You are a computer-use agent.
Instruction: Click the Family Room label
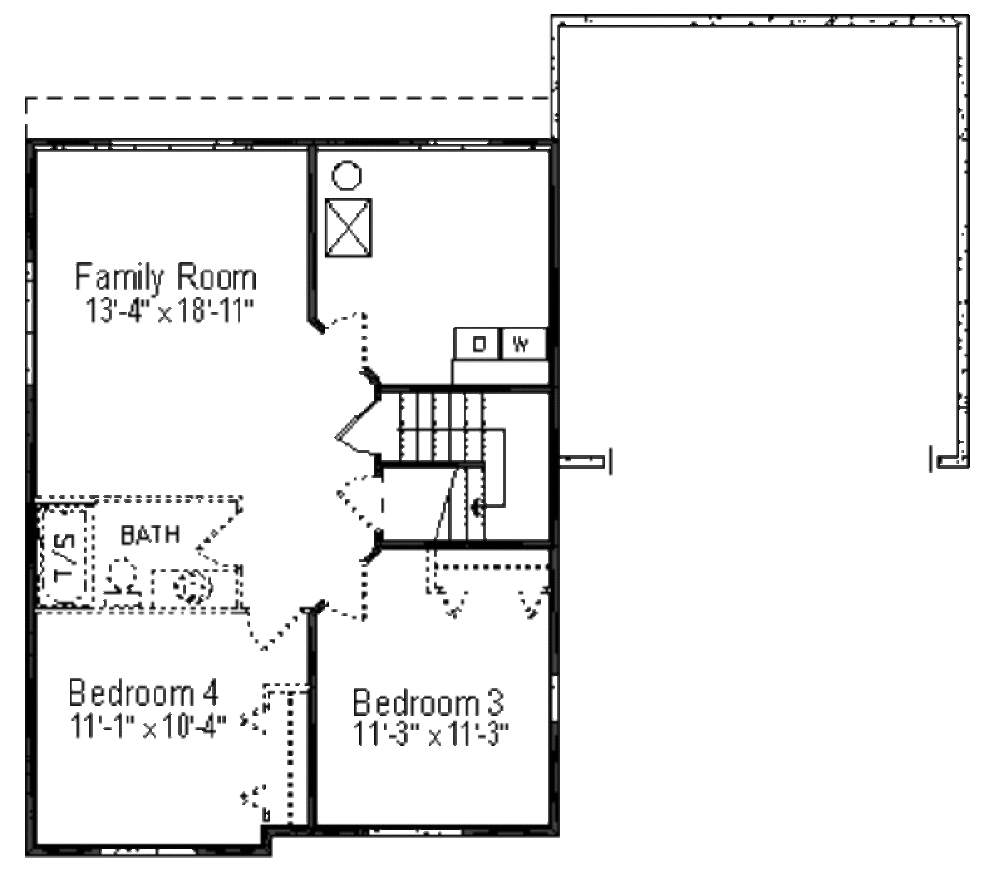click(x=166, y=278)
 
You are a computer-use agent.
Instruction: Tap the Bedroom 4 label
click(x=143, y=694)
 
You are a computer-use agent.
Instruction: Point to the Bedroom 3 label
click(x=428, y=701)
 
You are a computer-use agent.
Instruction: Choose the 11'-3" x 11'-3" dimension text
click(x=431, y=734)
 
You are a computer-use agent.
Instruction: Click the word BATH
click(x=149, y=533)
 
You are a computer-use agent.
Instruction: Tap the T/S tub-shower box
click(x=65, y=556)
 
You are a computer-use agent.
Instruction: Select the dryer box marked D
click(x=478, y=343)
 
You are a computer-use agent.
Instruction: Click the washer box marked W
click(x=522, y=343)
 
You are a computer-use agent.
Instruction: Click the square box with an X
click(x=348, y=228)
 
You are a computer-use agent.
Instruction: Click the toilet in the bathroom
click(x=123, y=579)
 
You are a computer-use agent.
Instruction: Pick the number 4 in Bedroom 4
click(x=209, y=694)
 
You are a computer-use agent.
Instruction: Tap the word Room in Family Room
click(x=216, y=278)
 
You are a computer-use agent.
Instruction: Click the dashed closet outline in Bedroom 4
click(x=286, y=754)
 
